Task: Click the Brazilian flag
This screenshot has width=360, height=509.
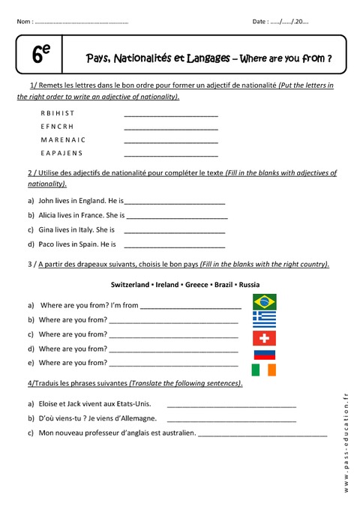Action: (264, 302)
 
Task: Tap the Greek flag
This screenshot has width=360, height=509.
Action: (264, 319)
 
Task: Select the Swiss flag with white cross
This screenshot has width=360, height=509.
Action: (264, 337)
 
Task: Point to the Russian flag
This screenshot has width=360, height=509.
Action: (264, 354)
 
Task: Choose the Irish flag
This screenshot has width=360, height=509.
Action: (264, 370)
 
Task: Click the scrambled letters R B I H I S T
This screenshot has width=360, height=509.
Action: (58, 113)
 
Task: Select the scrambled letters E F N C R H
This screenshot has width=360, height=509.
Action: (57, 127)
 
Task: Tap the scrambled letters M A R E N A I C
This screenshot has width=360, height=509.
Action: (63, 140)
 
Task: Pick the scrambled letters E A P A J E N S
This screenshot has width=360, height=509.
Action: (62, 154)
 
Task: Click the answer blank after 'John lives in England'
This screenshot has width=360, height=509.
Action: (175, 202)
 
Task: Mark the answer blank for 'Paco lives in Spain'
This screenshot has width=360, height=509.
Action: (174, 245)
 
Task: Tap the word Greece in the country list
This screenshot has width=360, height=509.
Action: (198, 285)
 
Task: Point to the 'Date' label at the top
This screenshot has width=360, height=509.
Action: (260, 22)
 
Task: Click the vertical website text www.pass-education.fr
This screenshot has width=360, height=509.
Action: (346, 442)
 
